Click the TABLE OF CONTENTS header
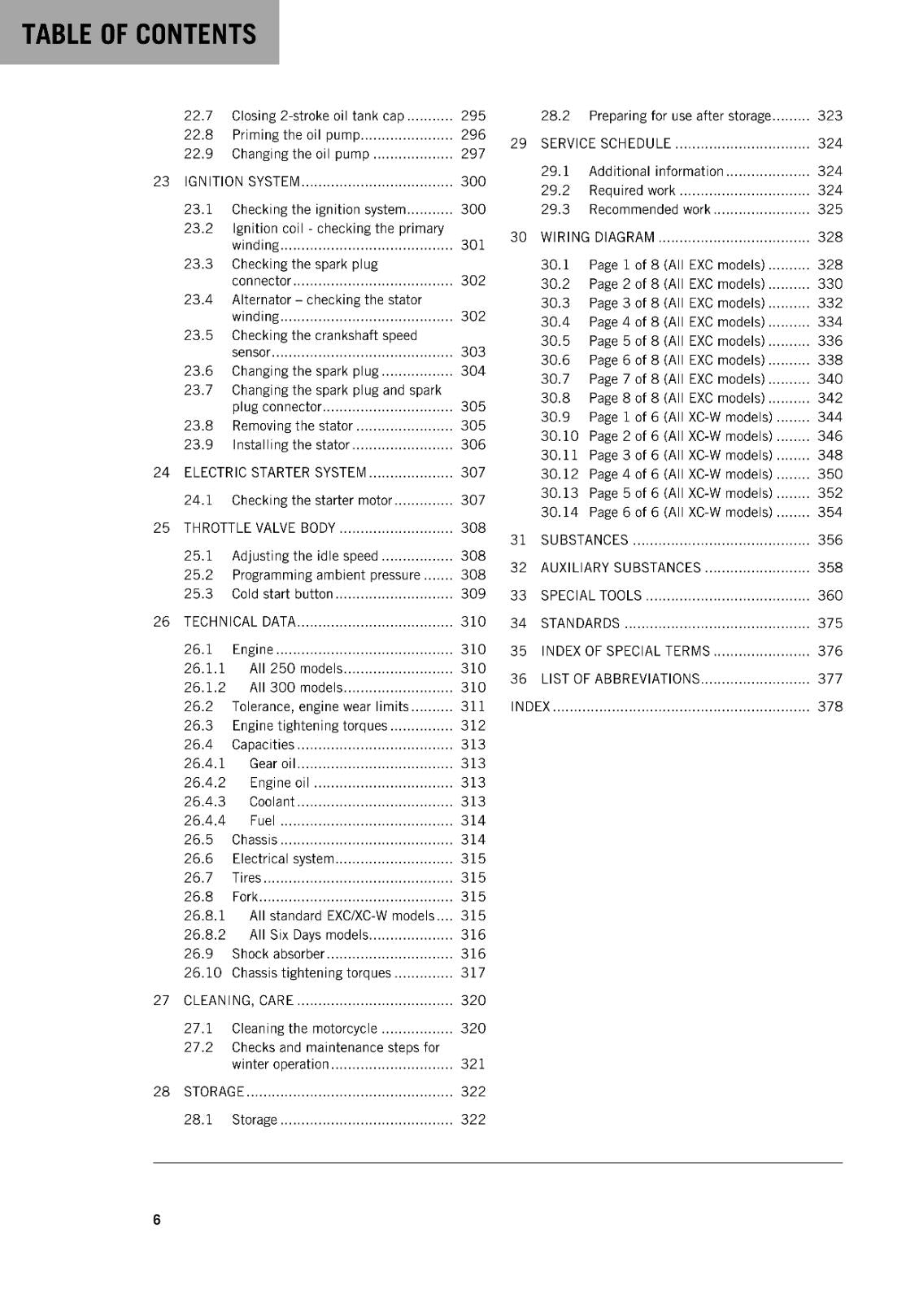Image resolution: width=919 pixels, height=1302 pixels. pyautogui.click(x=139, y=34)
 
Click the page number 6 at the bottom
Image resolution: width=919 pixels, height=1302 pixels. pyautogui.click(x=157, y=1219)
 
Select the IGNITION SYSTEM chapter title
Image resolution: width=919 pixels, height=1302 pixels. pyautogui.click(x=242, y=181)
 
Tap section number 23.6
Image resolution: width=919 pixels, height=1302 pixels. pyautogui.click(x=198, y=371)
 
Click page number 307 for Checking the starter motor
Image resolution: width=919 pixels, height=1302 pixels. pyautogui.click(x=473, y=500)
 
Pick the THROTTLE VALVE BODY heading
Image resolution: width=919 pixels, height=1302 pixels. pyautogui.click(x=259, y=528)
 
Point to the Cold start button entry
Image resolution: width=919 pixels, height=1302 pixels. pyautogui.click(x=282, y=594)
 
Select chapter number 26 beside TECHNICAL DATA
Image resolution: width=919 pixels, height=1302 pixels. pyautogui.click(x=161, y=622)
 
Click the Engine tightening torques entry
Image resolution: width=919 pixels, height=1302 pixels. pyautogui.click(x=309, y=726)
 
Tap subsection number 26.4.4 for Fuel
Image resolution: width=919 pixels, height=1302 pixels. pyautogui.click(x=204, y=821)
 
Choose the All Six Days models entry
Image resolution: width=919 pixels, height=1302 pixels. pyautogui.click(x=309, y=935)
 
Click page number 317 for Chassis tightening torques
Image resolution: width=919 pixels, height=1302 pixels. pyautogui.click(x=473, y=973)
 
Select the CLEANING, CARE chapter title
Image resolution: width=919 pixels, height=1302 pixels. pyautogui.click(x=238, y=1001)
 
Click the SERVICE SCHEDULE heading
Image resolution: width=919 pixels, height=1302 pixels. pyautogui.click(x=605, y=144)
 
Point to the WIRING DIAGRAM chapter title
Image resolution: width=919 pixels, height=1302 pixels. pyautogui.click(x=597, y=238)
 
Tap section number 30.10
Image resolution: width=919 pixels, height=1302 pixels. pyautogui.click(x=559, y=436)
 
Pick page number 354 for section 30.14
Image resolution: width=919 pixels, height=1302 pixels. pyautogui.click(x=830, y=513)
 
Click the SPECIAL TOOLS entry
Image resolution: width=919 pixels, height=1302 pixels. pyautogui.click(x=590, y=596)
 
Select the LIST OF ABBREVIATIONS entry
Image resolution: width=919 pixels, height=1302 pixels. pyautogui.click(x=620, y=679)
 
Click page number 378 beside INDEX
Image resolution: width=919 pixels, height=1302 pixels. pyautogui.click(x=830, y=707)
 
